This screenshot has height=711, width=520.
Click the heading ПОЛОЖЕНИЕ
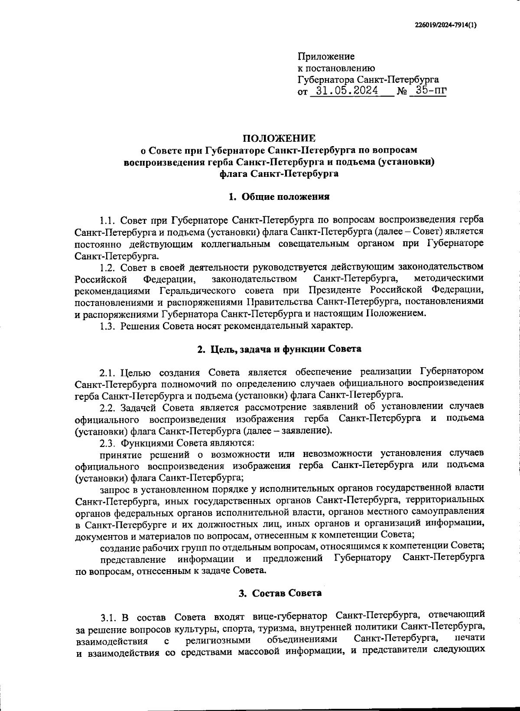pos(279,138)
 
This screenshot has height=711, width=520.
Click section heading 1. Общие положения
pos(279,197)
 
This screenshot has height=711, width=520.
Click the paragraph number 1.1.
pos(108,220)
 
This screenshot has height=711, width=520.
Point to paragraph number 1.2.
pos(108,266)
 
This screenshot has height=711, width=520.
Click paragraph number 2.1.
pos(108,372)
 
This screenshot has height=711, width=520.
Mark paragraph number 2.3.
pos(108,443)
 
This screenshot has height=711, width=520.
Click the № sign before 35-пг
pos(401,91)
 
